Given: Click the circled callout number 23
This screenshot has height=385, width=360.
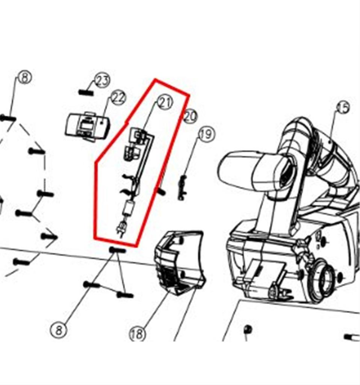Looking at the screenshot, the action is [103, 80].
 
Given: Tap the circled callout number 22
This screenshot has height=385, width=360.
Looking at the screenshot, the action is [118, 98].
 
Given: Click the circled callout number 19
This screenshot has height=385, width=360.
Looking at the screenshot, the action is [206, 134].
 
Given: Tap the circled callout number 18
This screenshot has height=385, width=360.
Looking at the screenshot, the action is [137, 334].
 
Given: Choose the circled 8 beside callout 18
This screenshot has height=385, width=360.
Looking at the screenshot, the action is [59, 330].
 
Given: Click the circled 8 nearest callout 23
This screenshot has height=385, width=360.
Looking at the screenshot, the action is [25, 77].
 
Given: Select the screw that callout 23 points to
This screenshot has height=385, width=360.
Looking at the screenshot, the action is [86, 92].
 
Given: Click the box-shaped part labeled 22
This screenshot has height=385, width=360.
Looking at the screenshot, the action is [88, 127].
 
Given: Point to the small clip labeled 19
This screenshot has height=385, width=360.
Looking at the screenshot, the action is [183, 188].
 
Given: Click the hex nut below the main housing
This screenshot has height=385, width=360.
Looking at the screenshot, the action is [248, 329].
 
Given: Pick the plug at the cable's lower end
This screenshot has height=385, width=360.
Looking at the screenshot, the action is [122, 228].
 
